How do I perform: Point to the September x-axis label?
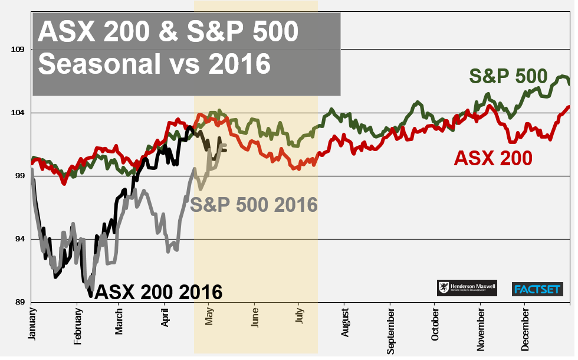[390, 326]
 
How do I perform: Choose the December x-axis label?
[524, 325]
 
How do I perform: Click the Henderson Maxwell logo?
[467, 288]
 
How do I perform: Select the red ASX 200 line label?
[492, 158]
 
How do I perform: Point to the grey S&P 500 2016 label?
[254, 205]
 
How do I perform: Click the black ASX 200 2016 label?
[158, 292]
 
